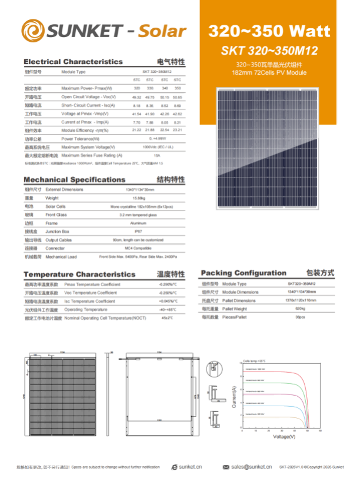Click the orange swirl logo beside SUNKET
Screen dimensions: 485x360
[33, 30]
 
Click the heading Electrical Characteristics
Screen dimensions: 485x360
[73, 62]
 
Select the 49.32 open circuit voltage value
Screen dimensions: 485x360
[136, 96]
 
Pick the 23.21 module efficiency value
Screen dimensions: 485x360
[177, 130]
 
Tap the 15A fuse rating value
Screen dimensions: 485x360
[156, 155]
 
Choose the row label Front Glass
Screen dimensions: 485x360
[56, 215]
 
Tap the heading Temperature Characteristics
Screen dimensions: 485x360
[79, 275]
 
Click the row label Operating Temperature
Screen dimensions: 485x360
[85, 309]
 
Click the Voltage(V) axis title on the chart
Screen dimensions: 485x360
[284, 437]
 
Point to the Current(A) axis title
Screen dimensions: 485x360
[235, 397]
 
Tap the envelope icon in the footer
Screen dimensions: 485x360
[226, 467]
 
